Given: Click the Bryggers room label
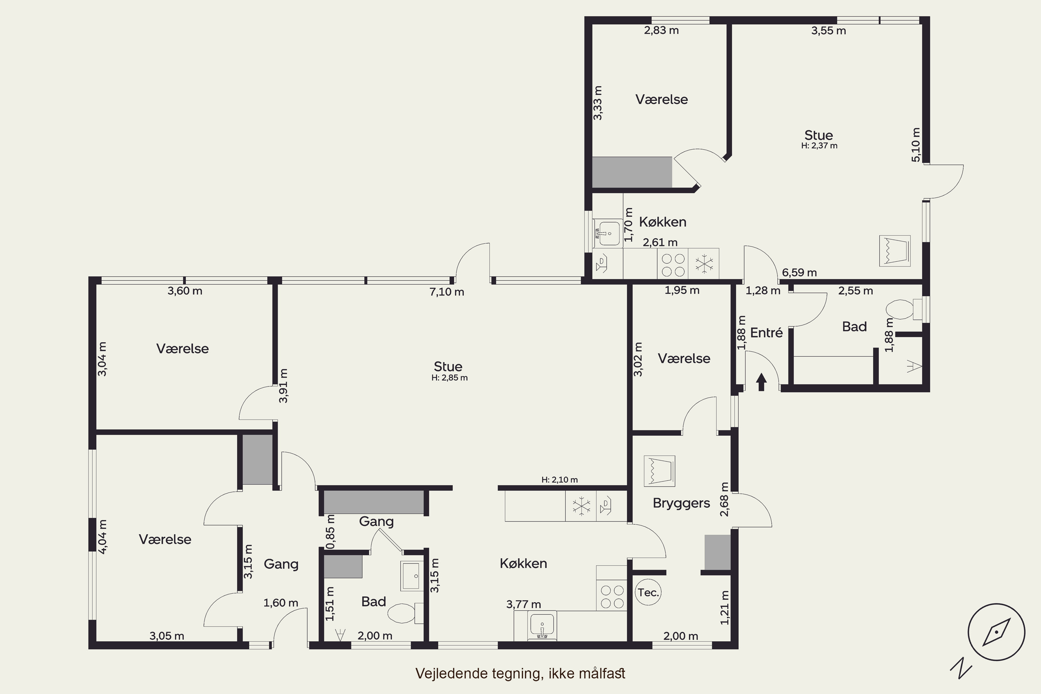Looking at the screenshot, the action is (x=681, y=503).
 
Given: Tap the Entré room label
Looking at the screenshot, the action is (x=767, y=332).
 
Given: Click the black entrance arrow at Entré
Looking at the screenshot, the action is (x=761, y=382).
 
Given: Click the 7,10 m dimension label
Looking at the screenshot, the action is (x=447, y=292).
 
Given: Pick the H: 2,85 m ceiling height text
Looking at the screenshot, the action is (x=450, y=378).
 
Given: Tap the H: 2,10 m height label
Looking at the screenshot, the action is (x=559, y=480).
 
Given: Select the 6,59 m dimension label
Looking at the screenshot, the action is (x=799, y=273).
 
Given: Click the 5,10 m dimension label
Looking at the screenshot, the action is (x=916, y=145).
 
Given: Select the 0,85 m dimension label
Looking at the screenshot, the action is (x=330, y=532).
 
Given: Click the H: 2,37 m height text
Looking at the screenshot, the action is (x=819, y=146).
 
